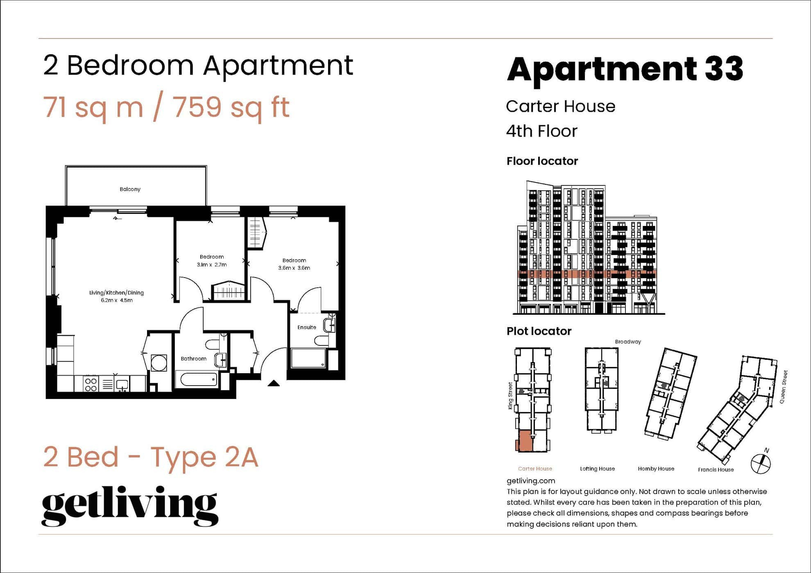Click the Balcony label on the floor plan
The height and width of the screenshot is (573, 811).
point(130,189)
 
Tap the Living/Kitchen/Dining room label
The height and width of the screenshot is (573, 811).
point(116,293)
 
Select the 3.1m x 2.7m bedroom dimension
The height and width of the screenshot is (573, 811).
point(212,264)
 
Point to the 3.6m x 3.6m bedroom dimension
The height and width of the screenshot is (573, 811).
point(294,268)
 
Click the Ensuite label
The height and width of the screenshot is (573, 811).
point(307,327)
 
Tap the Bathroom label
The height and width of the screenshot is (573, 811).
point(194,359)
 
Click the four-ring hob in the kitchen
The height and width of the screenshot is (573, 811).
point(91,385)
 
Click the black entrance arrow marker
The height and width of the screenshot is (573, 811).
point(274,384)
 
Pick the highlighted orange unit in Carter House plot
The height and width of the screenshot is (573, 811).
point(525,441)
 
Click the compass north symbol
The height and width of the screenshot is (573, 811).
point(761,463)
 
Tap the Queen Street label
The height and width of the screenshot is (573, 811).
point(783,387)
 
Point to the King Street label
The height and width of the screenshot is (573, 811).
point(510,396)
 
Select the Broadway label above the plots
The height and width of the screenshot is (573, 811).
point(628,342)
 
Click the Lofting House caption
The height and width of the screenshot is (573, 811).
point(597,469)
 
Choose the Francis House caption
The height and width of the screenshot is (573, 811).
point(716,469)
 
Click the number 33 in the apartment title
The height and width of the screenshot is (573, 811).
point(724,69)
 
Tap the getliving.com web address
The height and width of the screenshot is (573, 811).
point(531,481)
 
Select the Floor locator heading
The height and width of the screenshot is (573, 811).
point(542,161)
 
